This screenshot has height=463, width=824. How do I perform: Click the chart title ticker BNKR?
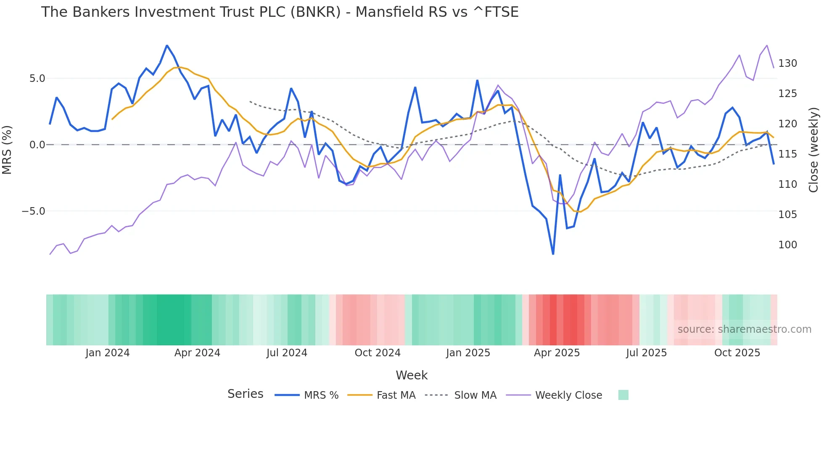pos(315,12)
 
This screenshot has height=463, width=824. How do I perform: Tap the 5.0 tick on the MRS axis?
pos(37,79)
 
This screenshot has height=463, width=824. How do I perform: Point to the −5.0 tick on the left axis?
pos(34,211)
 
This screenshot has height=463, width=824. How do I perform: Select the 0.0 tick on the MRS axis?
pos(37,145)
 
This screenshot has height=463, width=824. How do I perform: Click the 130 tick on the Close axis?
pos(787,63)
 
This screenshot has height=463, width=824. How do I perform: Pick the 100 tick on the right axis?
pos(787,245)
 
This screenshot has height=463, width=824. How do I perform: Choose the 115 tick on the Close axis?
pos(787,154)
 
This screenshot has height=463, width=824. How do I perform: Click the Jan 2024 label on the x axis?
pos(107,353)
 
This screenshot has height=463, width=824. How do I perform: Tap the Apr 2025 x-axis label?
pos(557,353)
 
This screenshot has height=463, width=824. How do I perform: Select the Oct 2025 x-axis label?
pos(737,353)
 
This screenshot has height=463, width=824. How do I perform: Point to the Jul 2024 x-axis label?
pos(287,353)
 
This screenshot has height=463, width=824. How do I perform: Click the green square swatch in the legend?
pos(623,395)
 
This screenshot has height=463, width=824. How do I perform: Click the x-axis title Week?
pos(412,375)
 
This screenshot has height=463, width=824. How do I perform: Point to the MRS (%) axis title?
pos(7,150)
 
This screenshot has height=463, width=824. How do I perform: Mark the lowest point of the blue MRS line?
pos(553,254)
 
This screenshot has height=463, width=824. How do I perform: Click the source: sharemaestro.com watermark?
pos(744,329)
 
